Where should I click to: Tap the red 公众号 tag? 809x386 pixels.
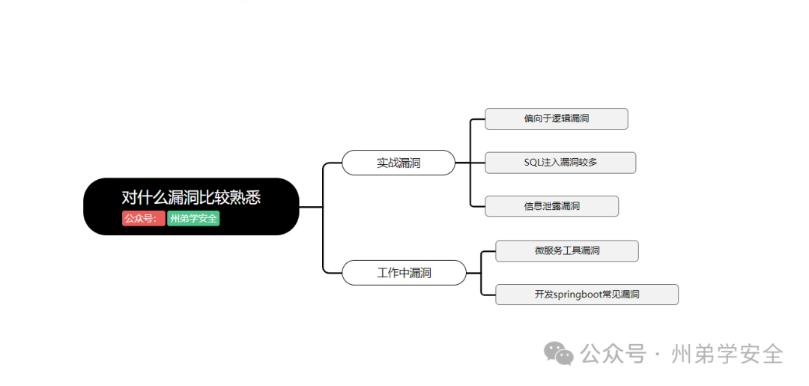point(142,219)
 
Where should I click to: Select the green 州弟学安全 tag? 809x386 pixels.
point(193,219)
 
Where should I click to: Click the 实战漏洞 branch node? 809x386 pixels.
point(399,163)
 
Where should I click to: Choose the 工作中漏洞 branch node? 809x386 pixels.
point(404,273)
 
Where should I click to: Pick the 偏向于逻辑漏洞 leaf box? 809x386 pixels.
point(556,118)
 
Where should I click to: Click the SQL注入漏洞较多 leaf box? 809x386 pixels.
point(560,163)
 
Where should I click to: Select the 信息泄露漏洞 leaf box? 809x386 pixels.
point(551,206)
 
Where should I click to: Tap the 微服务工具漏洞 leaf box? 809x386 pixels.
point(567,250)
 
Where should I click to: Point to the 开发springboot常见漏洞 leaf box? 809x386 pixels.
point(587,295)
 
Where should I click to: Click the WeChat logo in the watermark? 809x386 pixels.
point(559,353)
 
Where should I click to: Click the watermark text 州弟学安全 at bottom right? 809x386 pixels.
point(727,353)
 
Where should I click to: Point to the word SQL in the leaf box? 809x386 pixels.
point(533,163)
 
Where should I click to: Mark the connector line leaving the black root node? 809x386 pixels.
point(311,206)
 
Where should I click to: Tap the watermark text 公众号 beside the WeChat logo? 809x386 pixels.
point(613,353)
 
